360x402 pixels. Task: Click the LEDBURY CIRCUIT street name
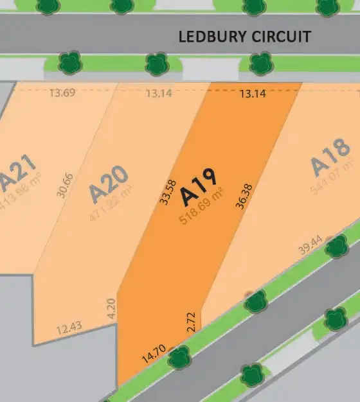244,36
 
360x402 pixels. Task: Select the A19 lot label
199,187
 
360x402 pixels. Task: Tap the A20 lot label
109,183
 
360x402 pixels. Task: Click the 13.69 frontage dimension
62,93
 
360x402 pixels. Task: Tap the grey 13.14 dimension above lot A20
159,94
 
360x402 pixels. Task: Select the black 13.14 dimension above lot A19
253,94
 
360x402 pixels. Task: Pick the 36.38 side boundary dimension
243,195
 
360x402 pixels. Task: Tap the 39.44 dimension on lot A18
310,247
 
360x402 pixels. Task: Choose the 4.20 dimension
111,310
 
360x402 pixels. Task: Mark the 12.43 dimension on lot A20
69,329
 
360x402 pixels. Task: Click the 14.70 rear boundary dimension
154,353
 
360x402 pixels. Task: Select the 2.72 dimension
191,321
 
